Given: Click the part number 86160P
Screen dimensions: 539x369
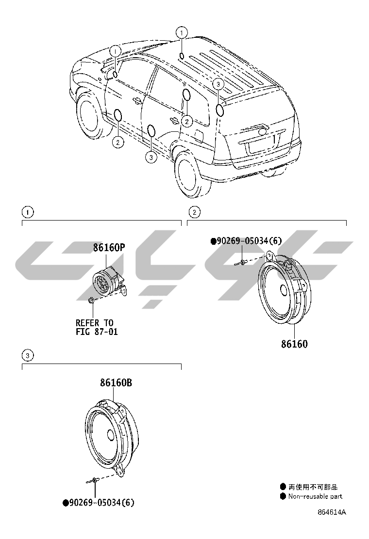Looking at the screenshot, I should point(109,248).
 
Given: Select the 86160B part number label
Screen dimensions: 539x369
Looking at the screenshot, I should point(116,383).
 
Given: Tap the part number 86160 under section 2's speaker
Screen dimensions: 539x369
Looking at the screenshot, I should point(294,344).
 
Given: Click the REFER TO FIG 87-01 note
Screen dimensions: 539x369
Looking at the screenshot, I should point(96,327).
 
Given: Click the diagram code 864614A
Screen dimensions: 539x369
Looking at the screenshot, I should point(332,512).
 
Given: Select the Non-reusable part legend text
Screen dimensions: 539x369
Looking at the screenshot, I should point(315,496).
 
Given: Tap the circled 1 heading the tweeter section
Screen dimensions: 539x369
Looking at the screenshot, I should point(28,212).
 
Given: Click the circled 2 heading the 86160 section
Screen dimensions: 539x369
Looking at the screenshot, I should point(194,212).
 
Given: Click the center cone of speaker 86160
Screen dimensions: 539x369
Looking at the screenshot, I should point(285,292).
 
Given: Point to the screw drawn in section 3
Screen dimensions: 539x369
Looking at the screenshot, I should point(92,481).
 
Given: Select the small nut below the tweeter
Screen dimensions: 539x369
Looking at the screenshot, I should point(91,301).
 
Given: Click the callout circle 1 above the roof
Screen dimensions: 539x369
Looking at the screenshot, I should point(181,33).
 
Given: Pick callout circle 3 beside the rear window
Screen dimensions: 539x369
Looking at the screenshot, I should point(218,84).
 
